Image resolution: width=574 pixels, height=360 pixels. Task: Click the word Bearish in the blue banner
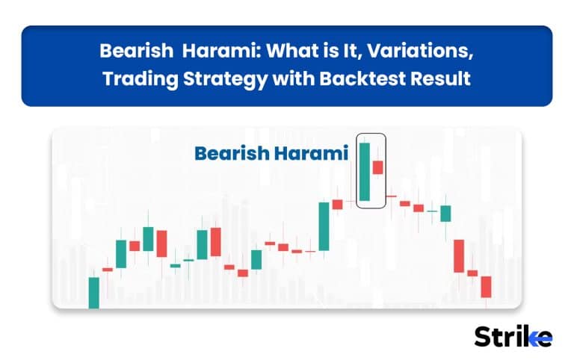[136, 51]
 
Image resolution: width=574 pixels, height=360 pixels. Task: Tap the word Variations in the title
[419, 51]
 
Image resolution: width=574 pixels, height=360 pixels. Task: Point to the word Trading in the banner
[140, 79]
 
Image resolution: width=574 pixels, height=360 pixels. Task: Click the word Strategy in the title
[226, 79]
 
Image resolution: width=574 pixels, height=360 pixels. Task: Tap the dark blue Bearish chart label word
[232, 153]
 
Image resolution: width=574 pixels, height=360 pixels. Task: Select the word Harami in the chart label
[311, 153]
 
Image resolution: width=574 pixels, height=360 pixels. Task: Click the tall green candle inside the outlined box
[365, 172]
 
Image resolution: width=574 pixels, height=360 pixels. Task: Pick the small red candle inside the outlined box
[377, 167]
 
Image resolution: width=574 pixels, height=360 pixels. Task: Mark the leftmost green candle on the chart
[94, 293]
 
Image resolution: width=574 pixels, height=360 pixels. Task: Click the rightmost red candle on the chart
[486, 287]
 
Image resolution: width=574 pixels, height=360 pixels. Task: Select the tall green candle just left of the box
[324, 226]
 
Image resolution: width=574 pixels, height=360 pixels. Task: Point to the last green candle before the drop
[445, 214]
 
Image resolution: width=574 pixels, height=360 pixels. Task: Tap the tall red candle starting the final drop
[459, 256]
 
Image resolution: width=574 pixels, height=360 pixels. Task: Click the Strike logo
[513, 337]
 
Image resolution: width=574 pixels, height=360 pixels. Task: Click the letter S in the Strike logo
[484, 337]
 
